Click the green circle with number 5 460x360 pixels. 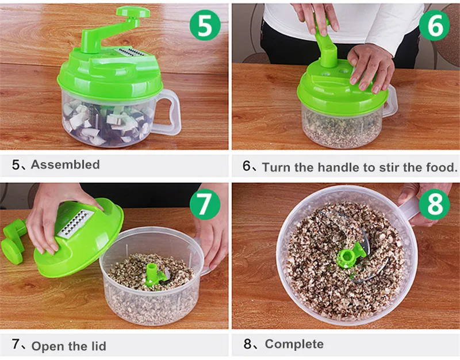(205, 25)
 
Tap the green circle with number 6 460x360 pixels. (434, 25)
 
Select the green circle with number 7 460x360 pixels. (205, 204)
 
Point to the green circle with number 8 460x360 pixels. (434, 204)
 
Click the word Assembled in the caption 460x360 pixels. (65, 164)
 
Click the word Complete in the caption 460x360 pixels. (294, 344)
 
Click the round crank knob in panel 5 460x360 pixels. (133, 12)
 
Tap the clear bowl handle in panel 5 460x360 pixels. (168, 112)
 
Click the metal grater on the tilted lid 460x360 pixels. (76, 223)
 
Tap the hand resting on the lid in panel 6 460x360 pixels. (371, 67)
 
